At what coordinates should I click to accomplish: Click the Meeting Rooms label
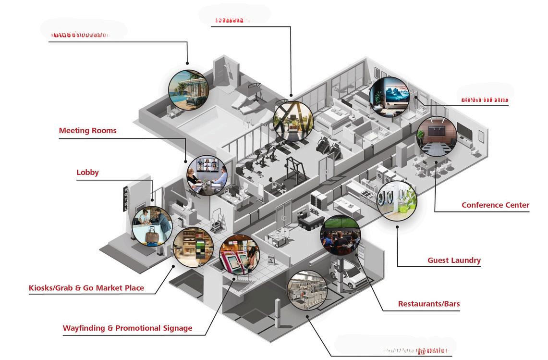(x=87, y=131)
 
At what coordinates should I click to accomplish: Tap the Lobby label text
(x=87, y=173)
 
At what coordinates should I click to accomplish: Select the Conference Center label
(x=495, y=205)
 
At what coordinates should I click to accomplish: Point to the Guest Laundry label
(x=454, y=261)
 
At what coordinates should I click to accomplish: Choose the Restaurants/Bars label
(x=429, y=304)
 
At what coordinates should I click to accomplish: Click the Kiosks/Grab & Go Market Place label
(x=86, y=288)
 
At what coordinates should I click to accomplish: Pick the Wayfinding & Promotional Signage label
(x=127, y=328)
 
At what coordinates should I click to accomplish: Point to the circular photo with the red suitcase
(x=152, y=226)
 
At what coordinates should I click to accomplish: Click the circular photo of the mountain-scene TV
(x=389, y=98)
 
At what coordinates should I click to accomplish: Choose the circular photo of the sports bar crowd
(x=341, y=235)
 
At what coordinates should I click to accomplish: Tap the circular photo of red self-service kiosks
(x=239, y=255)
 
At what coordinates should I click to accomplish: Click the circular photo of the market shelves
(x=193, y=247)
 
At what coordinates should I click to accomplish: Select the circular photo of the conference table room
(x=437, y=137)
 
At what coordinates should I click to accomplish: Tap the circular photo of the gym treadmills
(x=293, y=121)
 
